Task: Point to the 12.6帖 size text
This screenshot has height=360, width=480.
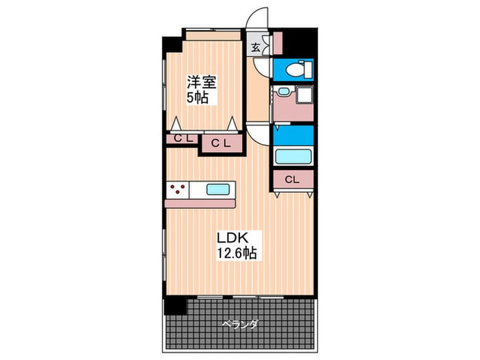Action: click(x=237, y=253)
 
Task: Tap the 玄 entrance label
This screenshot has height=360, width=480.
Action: click(x=255, y=47)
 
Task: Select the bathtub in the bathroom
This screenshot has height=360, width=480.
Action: click(x=293, y=156)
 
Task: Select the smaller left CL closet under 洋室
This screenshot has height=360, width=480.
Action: click(x=182, y=139)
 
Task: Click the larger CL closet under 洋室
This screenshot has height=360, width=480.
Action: click(x=219, y=143)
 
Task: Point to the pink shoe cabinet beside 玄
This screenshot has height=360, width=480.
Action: click(x=278, y=43)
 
